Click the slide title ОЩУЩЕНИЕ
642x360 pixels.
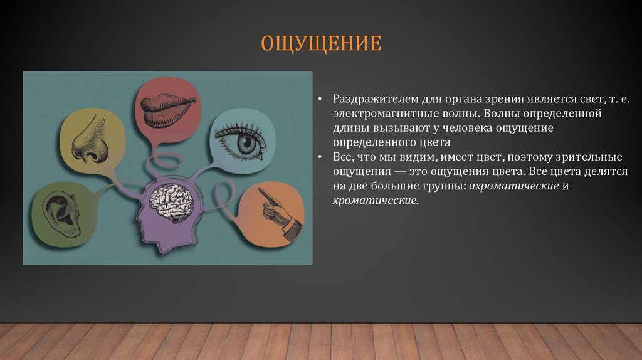coord(321,44)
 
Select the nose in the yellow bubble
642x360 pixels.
coord(88,140)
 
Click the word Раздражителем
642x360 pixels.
coord(367,99)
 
